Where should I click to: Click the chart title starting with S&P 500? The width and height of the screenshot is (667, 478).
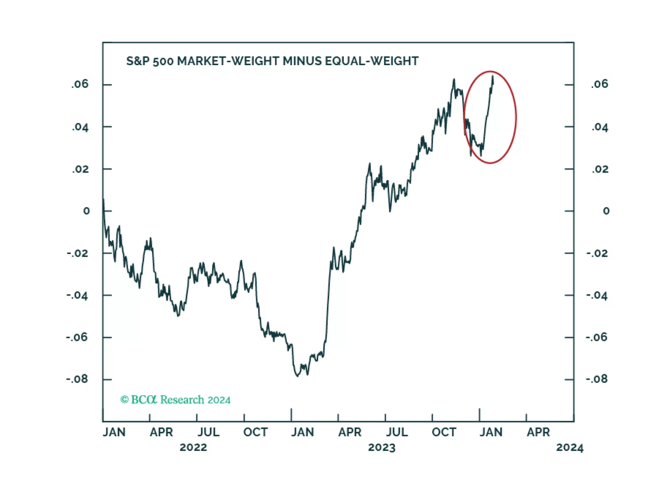tap(272, 61)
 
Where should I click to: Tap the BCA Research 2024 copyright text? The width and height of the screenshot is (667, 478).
tap(175, 400)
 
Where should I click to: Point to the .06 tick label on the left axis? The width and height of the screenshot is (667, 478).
tap(80, 84)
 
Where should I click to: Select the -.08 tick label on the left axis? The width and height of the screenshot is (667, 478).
tap(77, 379)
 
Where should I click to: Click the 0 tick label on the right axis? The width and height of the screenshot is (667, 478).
tap(606, 211)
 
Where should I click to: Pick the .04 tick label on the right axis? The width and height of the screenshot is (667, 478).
tap(600, 127)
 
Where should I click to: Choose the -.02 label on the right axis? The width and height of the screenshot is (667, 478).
tap(597, 253)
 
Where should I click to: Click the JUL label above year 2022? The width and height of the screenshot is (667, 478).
tap(208, 432)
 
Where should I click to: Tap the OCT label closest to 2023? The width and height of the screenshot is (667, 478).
tap(444, 432)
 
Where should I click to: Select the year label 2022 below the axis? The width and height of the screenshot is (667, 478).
tap(193, 447)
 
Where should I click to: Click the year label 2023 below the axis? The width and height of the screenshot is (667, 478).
tap(382, 447)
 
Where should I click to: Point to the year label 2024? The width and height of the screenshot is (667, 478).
tap(570, 447)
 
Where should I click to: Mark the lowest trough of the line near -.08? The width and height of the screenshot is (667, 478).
tap(298, 376)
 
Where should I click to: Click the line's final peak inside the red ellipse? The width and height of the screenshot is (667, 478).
tap(493, 76)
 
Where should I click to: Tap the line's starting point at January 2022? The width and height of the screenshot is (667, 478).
tap(103, 200)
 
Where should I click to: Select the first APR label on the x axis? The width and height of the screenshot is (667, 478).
tap(161, 432)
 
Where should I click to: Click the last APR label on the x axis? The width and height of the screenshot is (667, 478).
tap(538, 432)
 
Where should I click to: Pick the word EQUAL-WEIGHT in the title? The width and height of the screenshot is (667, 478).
tap(371, 61)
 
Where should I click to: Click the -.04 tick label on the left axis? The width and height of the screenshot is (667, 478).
tap(77, 295)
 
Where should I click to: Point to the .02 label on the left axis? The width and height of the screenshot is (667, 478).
tap(80, 169)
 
